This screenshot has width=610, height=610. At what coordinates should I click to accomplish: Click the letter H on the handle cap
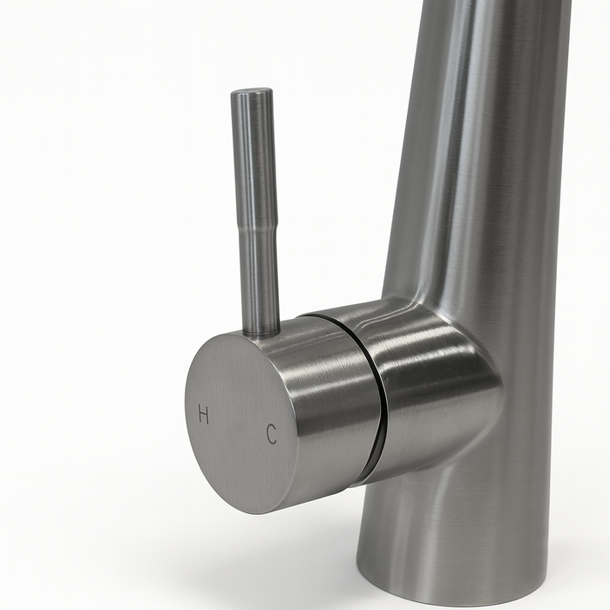(204, 415)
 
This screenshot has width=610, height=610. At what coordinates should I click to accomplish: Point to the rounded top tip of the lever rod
(252, 92)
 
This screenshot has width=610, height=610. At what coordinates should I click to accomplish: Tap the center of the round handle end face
(240, 424)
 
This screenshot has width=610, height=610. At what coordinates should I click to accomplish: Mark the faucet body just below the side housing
(453, 514)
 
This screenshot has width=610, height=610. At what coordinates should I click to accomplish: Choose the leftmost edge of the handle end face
(186, 410)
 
